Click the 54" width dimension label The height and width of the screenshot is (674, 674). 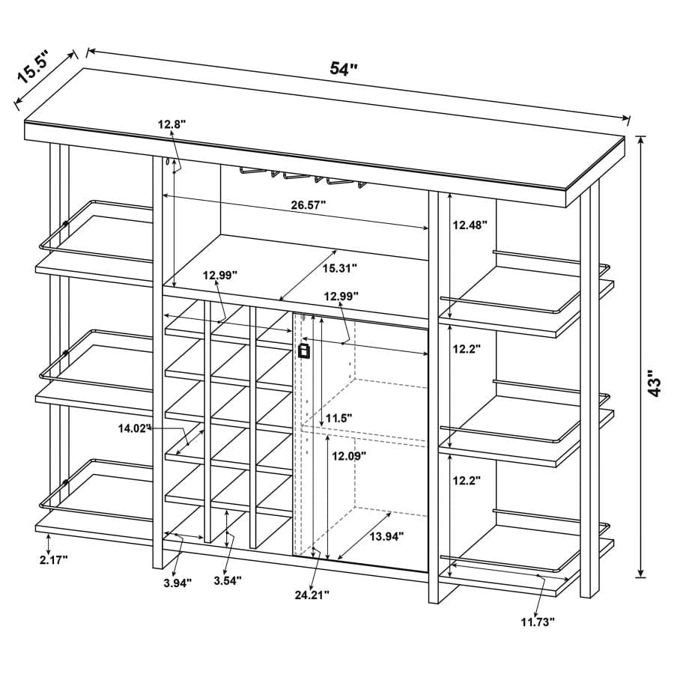click(x=344, y=68)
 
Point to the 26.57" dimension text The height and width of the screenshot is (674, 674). click(x=309, y=204)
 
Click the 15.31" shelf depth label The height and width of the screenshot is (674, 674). click(x=340, y=268)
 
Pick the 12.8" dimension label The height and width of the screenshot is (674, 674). click(x=171, y=124)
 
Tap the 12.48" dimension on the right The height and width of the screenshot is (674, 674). click(x=470, y=225)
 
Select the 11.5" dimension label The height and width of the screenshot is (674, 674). click(x=339, y=418)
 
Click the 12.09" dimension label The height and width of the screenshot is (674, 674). click(x=349, y=455)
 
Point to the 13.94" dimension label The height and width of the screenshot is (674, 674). click(x=387, y=536)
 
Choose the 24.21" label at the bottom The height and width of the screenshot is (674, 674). click(x=312, y=595)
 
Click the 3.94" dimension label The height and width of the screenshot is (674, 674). click(x=177, y=583)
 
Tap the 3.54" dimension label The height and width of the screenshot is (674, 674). click(x=228, y=580)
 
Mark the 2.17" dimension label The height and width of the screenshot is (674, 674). click(x=54, y=559)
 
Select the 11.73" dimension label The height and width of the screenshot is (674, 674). click(x=538, y=622)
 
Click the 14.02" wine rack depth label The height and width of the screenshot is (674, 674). click(x=135, y=428)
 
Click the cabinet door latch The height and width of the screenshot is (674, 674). click(x=304, y=350)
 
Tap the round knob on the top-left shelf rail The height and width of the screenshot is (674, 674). click(x=65, y=223)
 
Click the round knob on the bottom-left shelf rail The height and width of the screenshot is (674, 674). click(x=65, y=482)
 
